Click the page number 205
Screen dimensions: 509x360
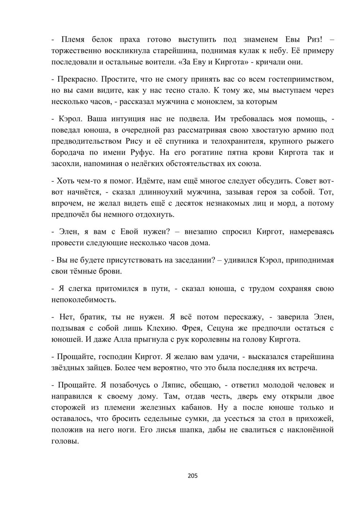tap(193, 476)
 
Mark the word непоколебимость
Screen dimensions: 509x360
tap(84, 299)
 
